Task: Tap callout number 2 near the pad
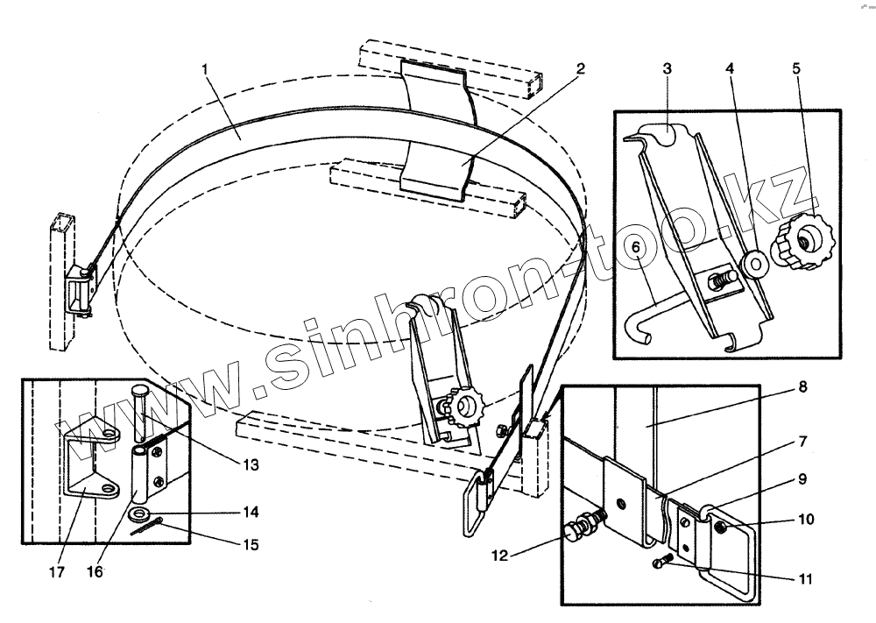click(581, 67)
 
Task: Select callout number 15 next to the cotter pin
click(251, 544)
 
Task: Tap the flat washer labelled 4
click(752, 262)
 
